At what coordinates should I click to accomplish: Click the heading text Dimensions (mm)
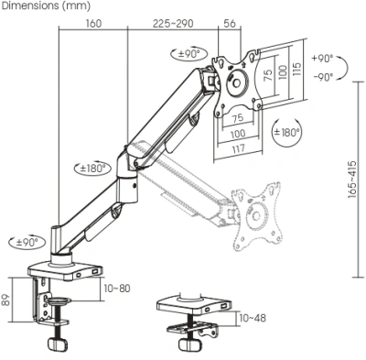45,6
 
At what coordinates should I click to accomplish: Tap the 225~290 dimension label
173,23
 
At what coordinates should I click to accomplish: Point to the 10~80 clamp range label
117,289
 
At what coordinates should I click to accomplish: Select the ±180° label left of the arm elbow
91,169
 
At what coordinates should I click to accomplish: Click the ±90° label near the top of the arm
189,55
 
